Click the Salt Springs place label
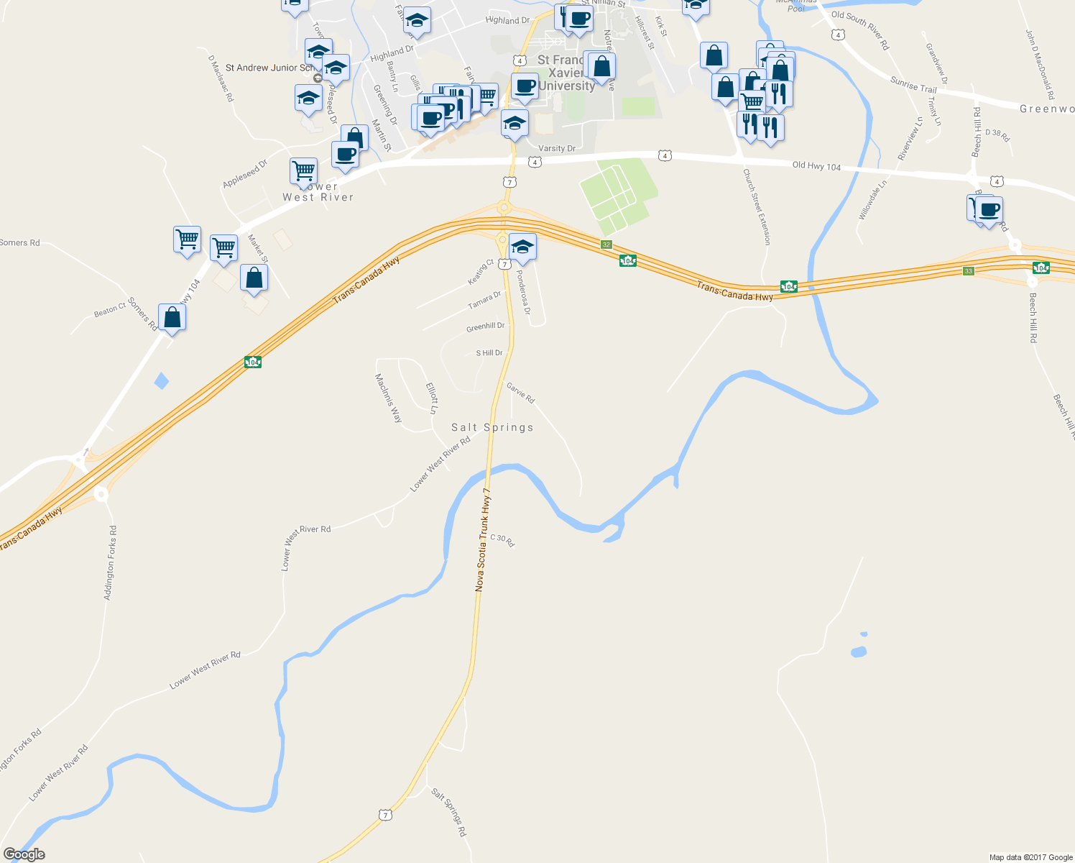pos(492,427)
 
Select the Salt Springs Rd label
pos(449,812)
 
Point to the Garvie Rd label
pos(520,393)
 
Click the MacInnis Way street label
pos(388,398)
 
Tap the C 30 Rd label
pos(502,540)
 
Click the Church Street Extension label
pos(756,207)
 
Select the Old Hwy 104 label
pos(816,166)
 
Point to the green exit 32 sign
pos(606,245)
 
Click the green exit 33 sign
pos(969,271)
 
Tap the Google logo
pos(24,854)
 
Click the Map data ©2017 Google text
pos(1030,857)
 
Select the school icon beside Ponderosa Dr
pos(522,247)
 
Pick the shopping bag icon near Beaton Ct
pos(172,316)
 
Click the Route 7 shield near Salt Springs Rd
pos(386,815)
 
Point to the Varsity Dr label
pos(557,149)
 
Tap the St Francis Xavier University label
pos(566,73)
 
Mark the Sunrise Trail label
pos(913,85)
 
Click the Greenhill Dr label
pos(486,327)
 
